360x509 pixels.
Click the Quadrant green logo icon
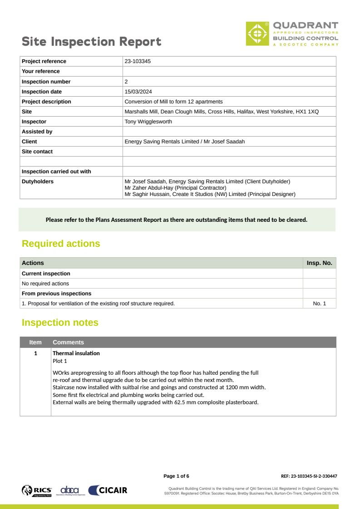(x=257, y=34)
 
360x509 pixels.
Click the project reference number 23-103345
(x=138, y=61)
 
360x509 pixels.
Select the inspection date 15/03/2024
(x=138, y=92)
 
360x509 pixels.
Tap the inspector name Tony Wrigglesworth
(x=148, y=122)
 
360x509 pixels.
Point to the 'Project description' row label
(x=46, y=102)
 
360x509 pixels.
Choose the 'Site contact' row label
(x=37, y=152)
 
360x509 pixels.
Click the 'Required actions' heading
(x=61, y=244)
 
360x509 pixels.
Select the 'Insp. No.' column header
(x=319, y=263)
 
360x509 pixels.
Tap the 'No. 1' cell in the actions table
(x=319, y=303)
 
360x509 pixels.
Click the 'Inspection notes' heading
(x=60, y=323)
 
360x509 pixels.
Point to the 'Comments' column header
(x=68, y=343)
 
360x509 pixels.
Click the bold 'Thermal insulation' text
(x=76, y=353)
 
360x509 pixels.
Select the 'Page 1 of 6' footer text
(x=176, y=476)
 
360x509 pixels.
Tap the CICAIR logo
(x=108, y=490)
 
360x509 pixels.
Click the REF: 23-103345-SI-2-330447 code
(x=309, y=476)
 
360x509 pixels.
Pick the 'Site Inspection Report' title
(x=92, y=42)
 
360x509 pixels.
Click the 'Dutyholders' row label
(x=38, y=181)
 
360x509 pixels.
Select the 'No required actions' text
(x=45, y=284)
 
